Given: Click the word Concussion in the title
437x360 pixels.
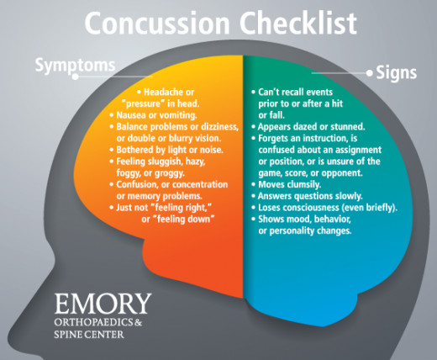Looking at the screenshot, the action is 157,23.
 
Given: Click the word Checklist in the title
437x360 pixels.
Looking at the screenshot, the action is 298,23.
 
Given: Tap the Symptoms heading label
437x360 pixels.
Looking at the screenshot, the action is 75,66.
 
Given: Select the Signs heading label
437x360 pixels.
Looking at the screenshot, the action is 396,73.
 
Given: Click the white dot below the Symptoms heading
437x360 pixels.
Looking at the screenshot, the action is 75,77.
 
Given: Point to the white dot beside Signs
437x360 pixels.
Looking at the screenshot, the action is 370,73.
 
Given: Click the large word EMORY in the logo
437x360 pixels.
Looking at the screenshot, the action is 103,304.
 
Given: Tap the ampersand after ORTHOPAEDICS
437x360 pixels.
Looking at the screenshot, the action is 138,322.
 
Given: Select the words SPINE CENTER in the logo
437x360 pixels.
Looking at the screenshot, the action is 89,335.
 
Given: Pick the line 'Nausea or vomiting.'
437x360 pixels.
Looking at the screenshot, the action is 156,115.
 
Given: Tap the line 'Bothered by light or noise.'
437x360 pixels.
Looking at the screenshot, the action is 170,150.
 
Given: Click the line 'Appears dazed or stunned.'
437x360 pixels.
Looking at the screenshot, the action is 311,127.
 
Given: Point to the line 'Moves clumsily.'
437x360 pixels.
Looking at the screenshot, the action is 290,184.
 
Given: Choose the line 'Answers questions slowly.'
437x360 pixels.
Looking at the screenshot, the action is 310,196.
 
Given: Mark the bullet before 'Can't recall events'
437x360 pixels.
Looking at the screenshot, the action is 253,92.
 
